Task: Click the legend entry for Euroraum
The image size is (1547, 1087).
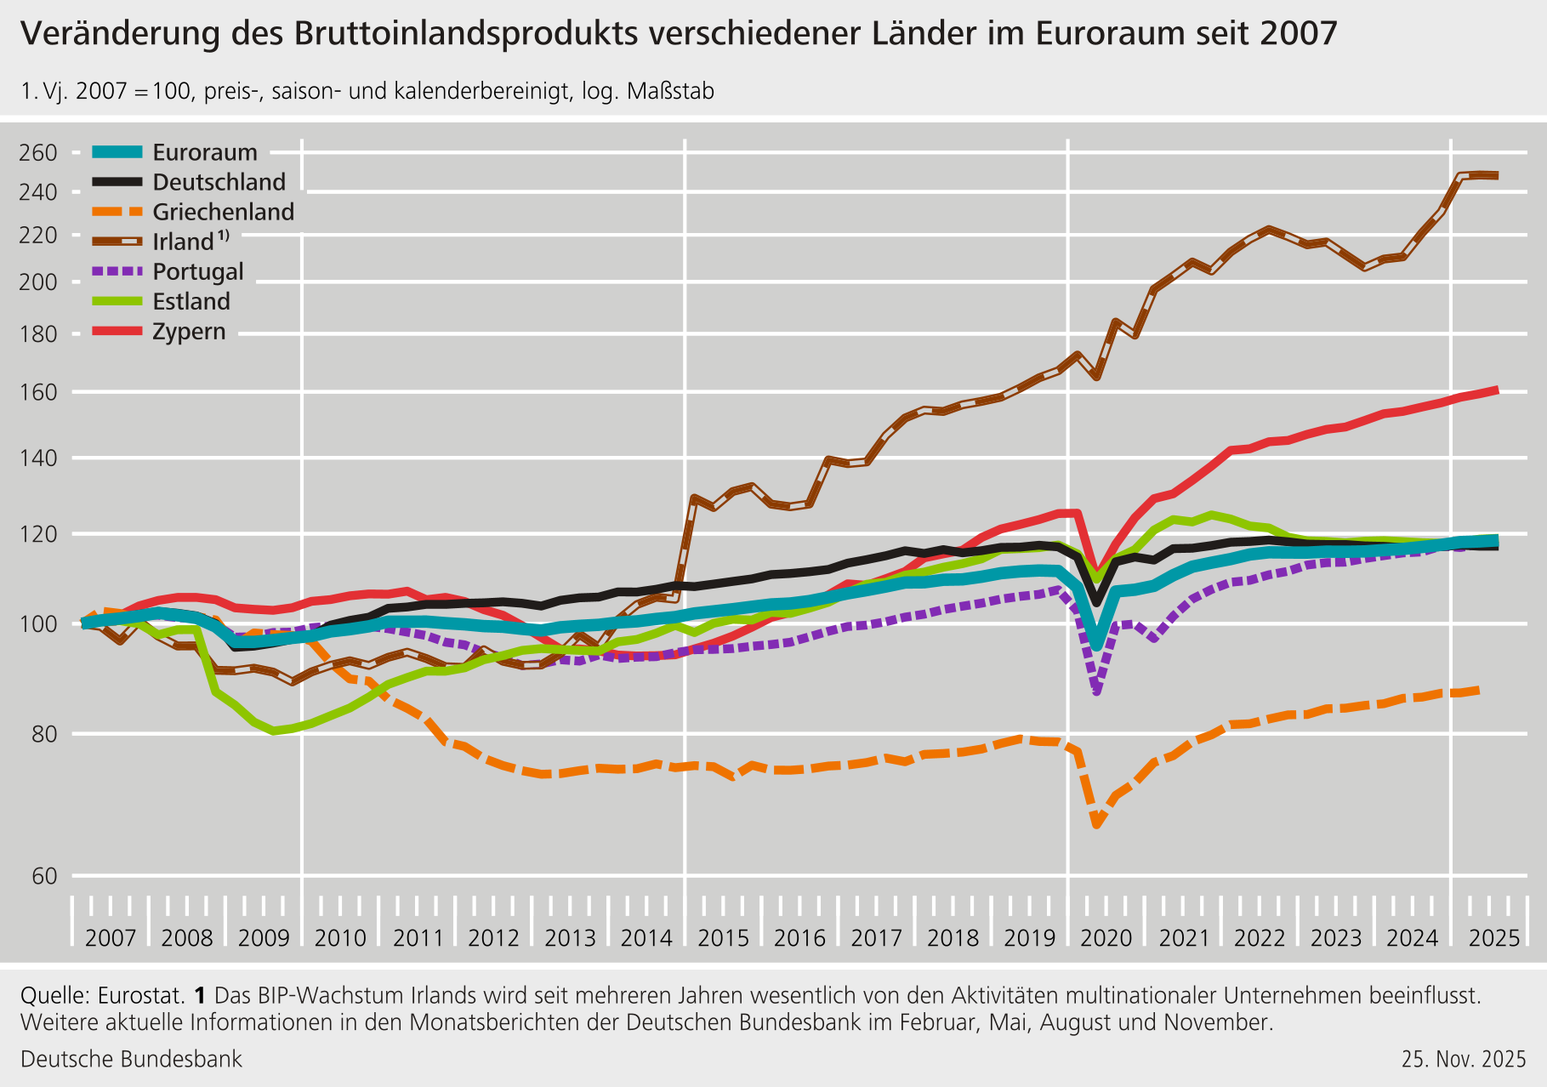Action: (x=204, y=152)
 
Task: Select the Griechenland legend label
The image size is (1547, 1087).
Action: (x=223, y=212)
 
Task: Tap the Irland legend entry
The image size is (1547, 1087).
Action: (x=183, y=242)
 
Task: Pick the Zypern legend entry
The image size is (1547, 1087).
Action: (x=189, y=332)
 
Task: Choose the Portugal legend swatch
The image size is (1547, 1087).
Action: (x=117, y=272)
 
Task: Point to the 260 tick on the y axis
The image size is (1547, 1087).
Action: (x=38, y=153)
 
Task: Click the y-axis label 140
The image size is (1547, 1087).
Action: (x=38, y=458)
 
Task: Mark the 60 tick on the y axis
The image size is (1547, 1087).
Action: (x=43, y=876)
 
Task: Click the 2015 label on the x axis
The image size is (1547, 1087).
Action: (x=723, y=938)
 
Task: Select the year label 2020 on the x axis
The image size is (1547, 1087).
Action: (x=1106, y=938)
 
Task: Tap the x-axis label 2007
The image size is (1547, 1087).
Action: (x=111, y=938)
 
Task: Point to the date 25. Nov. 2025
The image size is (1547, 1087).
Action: (x=1464, y=1059)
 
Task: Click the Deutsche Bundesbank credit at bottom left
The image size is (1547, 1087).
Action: (x=131, y=1059)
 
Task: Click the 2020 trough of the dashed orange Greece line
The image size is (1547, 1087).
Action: (x=1097, y=824)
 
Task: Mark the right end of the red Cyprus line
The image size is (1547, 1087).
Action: (x=1496, y=390)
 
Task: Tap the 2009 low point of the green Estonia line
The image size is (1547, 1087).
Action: (x=274, y=731)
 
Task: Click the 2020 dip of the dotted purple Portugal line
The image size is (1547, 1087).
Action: (x=1097, y=691)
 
